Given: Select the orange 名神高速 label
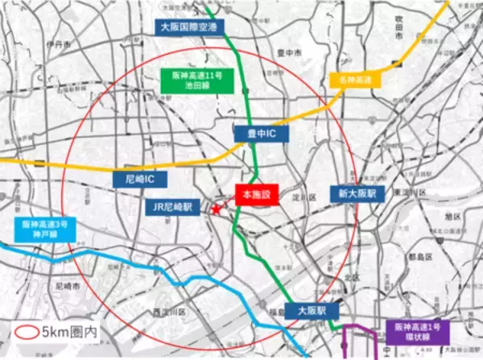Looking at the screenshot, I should (x=354, y=79).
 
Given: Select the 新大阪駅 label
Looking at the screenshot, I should (x=352, y=194).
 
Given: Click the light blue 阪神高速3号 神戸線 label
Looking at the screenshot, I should (x=43, y=231).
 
